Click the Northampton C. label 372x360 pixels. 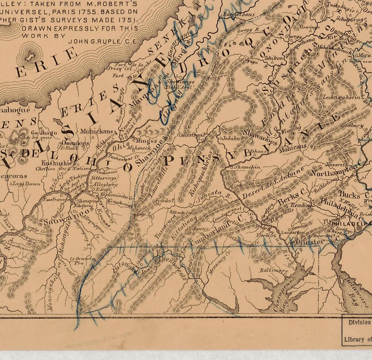pos(336,169)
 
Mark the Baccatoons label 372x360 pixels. pos(239,14)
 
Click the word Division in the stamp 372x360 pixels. pos(359,322)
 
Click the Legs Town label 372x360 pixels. pos(27,184)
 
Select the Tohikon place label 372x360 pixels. pos(274,58)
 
